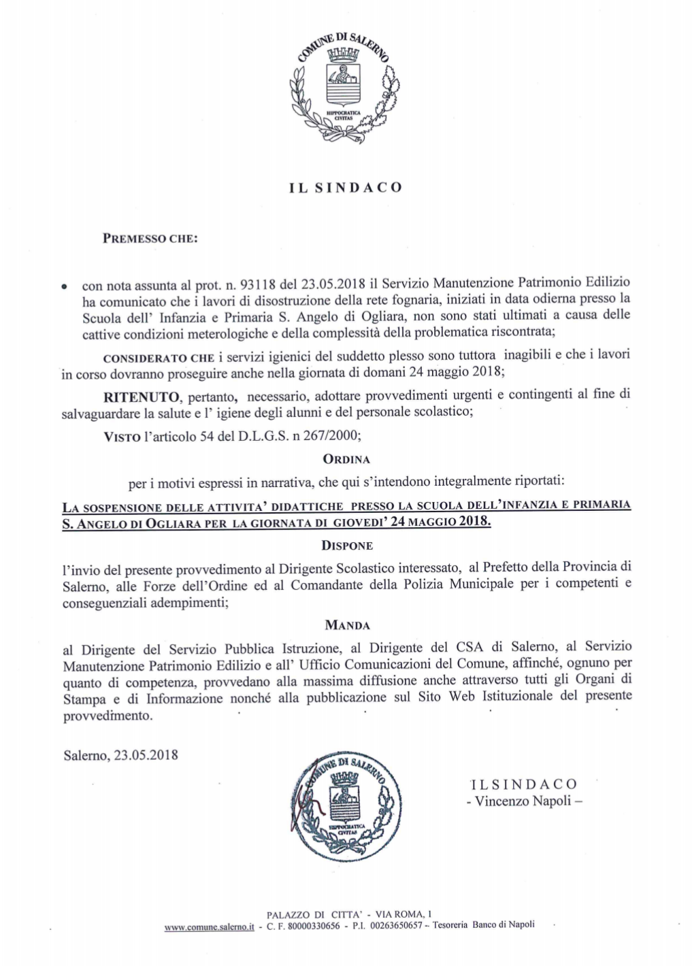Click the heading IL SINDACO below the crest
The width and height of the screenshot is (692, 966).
[x=345, y=186]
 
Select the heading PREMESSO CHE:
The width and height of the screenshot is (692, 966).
[x=150, y=239]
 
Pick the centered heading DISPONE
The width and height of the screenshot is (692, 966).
[x=346, y=546]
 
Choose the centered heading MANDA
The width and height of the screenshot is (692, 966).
[x=347, y=624]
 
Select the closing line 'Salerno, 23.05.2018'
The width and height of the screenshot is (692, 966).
[x=120, y=754]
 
